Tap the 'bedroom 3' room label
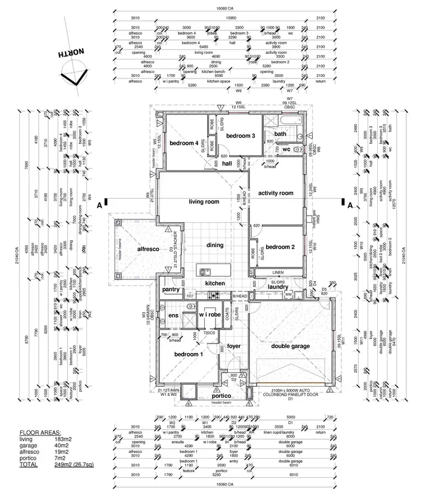241,135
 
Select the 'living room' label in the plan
204,202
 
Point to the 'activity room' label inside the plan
276,193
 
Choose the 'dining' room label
214,245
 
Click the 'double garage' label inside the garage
290,346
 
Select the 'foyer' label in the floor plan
234,346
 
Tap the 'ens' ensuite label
173,316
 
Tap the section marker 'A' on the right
350,205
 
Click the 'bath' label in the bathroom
280,134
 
